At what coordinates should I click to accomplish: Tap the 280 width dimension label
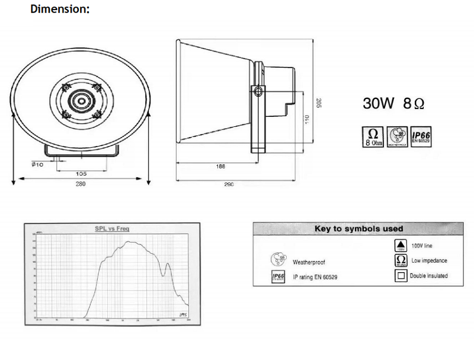[81, 184]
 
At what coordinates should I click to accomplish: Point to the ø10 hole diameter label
[38, 164]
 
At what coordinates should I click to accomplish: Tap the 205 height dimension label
[318, 103]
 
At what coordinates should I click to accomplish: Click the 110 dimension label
[307, 119]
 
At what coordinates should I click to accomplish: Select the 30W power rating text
[379, 103]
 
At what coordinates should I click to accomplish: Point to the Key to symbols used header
[358, 228]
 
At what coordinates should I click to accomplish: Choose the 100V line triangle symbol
[401, 245]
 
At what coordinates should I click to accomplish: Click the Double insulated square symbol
[401, 276]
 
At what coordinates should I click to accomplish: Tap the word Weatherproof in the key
[309, 262]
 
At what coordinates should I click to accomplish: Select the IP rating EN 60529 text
[316, 277]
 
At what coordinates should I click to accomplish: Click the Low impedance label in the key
[430, 260]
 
